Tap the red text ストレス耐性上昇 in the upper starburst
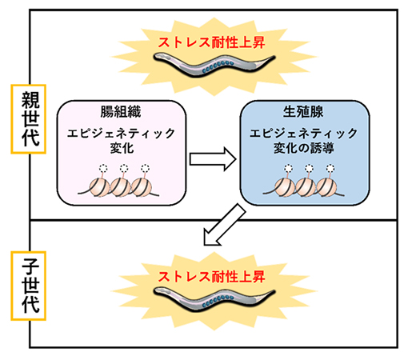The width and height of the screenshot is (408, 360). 210,38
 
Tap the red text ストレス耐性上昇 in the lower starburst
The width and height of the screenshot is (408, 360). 210,275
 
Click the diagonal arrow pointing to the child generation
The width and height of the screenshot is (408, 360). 224,224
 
